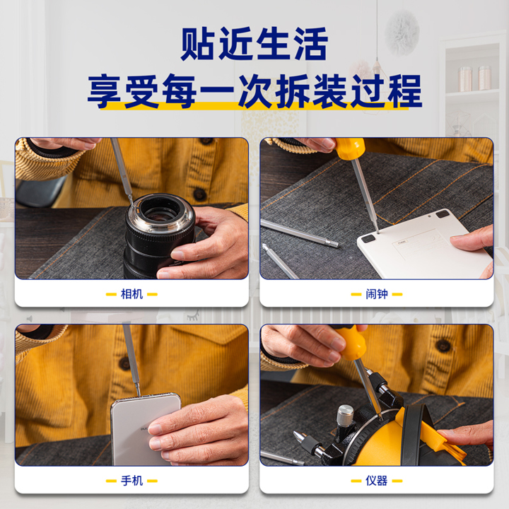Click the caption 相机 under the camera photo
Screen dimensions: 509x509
(x=131, y=294)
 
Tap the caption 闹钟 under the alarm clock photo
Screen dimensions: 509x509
(x=377, y=294)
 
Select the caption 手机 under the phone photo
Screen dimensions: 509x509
(x=131, y=481)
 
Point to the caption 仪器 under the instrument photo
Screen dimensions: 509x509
(x=377, y=481)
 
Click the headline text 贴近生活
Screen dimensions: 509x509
(x=255, y=44)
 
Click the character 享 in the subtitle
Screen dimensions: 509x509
(x=105, y=91)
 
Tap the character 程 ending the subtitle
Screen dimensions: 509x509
(x=404, y=91)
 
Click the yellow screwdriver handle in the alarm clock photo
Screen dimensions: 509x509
(x=350, y=148)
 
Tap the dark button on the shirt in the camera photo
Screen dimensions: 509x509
(x=199, y=194)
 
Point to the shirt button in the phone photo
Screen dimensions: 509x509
(x=124, y=363)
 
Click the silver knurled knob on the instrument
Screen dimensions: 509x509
(x=345, y=413)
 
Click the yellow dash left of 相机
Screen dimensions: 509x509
(x=111, y=294)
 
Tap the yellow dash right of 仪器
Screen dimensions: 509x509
(x=397, y=481)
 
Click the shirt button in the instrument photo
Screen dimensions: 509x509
(x=443, y=346)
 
